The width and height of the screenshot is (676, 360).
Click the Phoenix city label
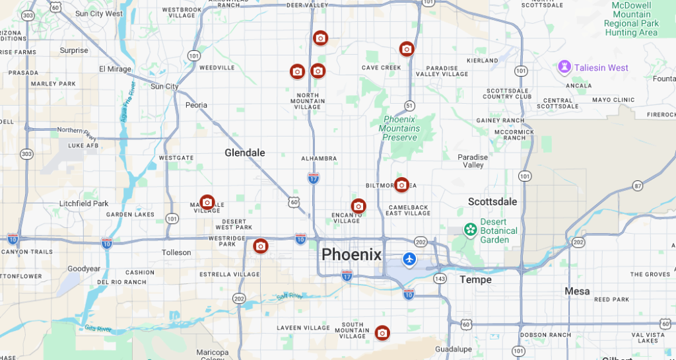pos(351,254)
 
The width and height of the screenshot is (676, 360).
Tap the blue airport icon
pos(409,259)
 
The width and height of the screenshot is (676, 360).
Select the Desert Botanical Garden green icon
pos(471,230)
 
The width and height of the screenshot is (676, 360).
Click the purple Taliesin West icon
pos(564,67)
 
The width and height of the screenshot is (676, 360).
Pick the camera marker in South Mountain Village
pos(382,333)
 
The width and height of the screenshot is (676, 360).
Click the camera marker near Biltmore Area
pos(401,185)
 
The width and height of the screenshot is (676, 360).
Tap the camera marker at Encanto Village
pos(358,206)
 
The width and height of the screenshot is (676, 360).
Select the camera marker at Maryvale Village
pos(207,202)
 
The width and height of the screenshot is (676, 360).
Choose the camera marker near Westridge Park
pos(261,246)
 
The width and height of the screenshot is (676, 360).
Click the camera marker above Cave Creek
pos(407,49)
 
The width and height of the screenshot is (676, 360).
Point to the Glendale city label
pos(244,153)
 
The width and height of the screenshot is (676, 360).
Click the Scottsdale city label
pos(492,201)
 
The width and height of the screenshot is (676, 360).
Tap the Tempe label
pos(475,279)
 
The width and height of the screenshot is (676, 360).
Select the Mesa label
pos(577,291)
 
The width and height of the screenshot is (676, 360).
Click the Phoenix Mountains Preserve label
pos(399,128)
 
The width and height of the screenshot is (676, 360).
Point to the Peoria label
pos(196,105)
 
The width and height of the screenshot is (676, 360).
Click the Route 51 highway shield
pos(410,106)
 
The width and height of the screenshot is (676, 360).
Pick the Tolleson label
pos(176,252)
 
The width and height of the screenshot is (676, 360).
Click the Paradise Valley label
pos(473,161)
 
